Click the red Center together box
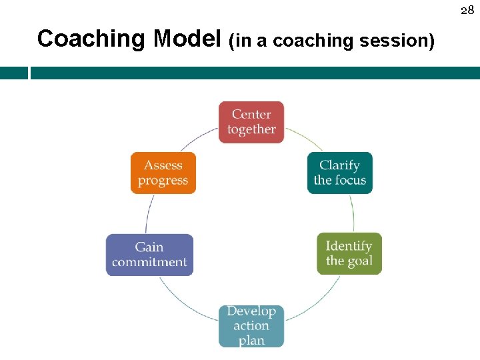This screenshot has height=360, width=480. point(251,122)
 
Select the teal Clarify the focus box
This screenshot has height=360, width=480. point(339,173)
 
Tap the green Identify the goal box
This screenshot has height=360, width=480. point(349,253)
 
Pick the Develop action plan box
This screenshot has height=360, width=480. point(251,326)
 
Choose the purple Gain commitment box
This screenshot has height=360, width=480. point(149,255)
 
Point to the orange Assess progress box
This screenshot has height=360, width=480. point(163,173)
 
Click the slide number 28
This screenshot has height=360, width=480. point(467,10)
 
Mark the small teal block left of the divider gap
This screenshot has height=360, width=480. point(13,73)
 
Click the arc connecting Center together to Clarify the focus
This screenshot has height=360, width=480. point(303,138)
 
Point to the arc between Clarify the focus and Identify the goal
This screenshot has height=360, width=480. point(352,213)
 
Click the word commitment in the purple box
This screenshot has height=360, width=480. point(149,262)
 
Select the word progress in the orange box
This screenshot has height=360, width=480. point(163,181)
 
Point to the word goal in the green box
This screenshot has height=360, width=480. point(359,261)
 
